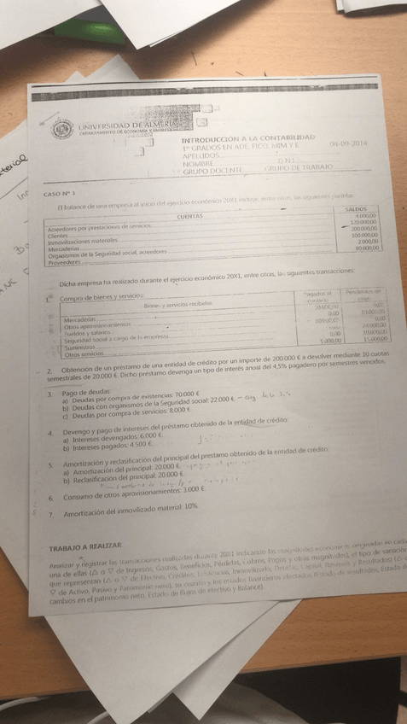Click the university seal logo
click(62, 131)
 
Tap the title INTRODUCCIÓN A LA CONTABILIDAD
click(248, 137)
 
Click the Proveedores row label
click(65, 262)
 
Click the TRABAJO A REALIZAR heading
click(84, 545)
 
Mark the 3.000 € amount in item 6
click(194, 490)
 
